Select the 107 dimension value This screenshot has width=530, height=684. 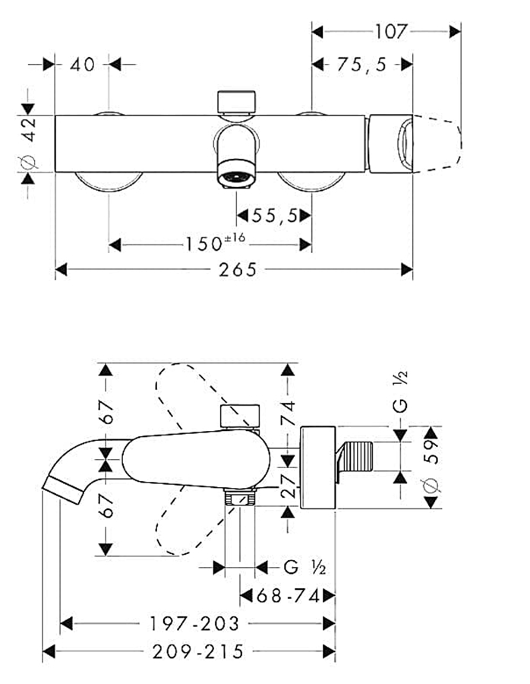tap(390, 31)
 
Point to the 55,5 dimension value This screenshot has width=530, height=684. tap(274, 217)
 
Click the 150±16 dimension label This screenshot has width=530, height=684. tap(215, 244)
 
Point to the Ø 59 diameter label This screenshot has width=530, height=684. tap(431, 466)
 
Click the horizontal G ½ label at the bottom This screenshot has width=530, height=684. tap(304, 567)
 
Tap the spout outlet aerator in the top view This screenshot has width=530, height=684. tap(236, 177)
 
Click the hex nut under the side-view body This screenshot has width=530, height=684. tap(240, 499)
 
